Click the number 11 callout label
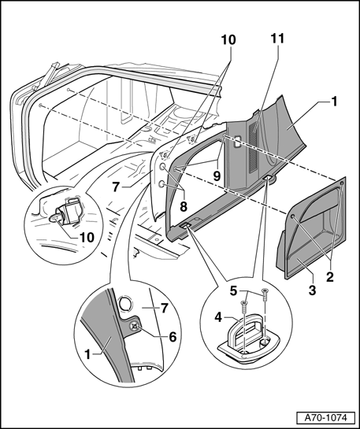pos(277,39)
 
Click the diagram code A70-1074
pos(326,418)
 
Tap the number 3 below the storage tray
pos(312,290)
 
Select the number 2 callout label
pos(330,277)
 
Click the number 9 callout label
pos(217,176)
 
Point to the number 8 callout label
pos(184,206)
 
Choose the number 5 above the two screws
pos(233,291)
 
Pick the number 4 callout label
pos(218,318)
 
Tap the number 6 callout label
pos(173,337)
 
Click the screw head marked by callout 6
pos(134,326)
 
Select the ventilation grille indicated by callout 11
pos(254,149)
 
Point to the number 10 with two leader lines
pos(228,40)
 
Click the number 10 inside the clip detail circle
pos(87,238)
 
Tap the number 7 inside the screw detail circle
pos(164,309)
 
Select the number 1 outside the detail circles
pos(334,102)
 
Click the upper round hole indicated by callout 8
pos(162,167)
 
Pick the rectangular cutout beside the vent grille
pos(237,142)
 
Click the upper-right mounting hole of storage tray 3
pos(341,183)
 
